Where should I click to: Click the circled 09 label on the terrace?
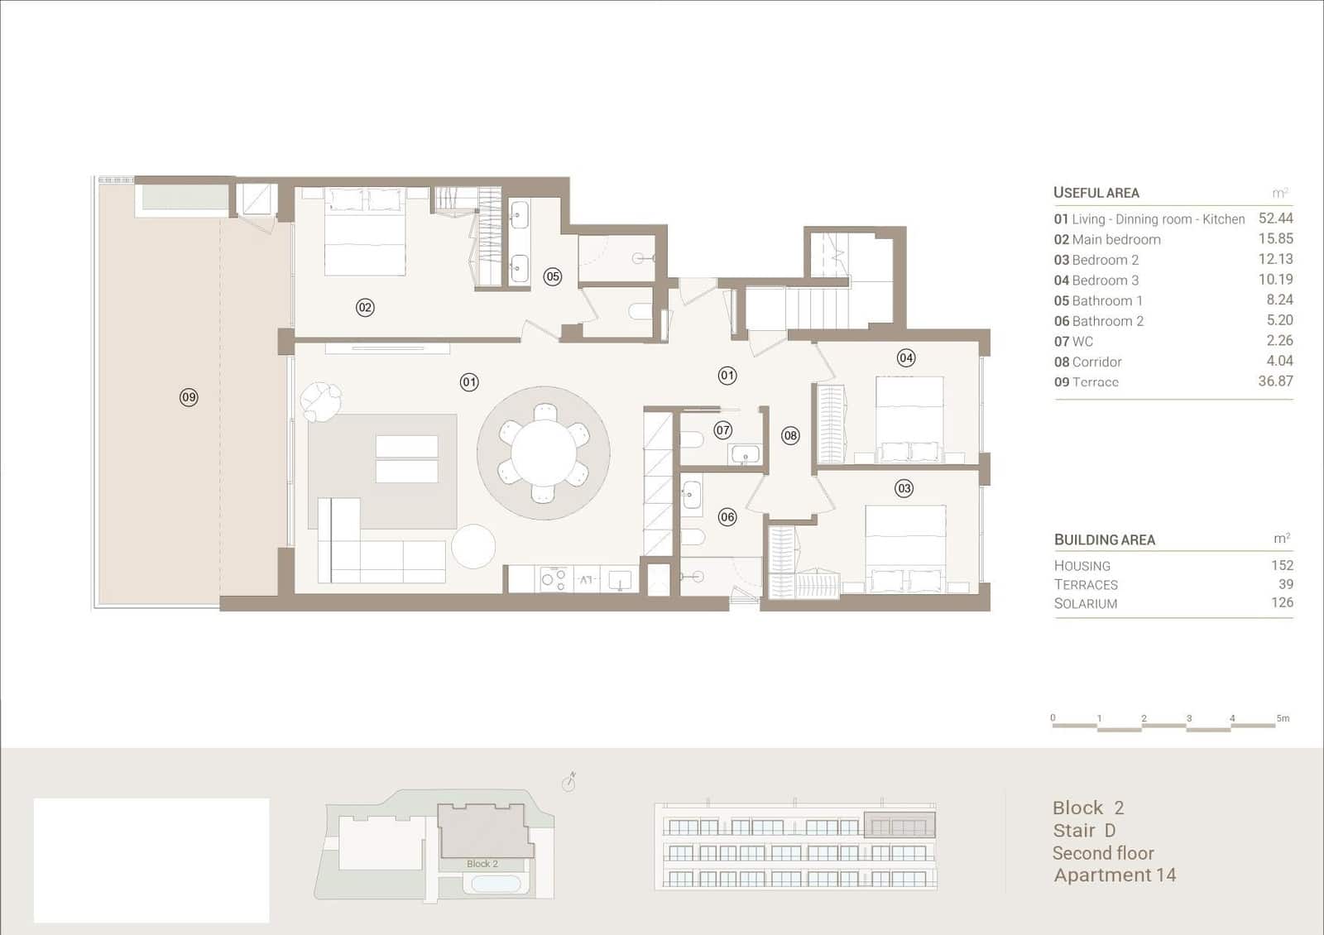(x=189, y=397)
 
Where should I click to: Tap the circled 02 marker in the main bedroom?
(x=365, y=307)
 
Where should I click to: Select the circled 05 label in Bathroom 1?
(x=553, y=276)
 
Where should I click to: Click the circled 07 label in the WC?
(x=723, y=430)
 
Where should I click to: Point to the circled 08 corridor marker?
(x=790, y=436)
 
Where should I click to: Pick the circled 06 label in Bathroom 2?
(x=727, y=517)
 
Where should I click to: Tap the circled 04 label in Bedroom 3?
(x=906, y=357)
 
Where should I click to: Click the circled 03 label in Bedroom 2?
(x=904, y=488)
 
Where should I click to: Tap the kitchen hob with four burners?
(x=554, y=578)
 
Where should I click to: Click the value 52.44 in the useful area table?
(x=1275, y=218)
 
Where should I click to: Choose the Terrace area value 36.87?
(x=1275, y=381)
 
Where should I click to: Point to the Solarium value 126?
(x=1282, y=602)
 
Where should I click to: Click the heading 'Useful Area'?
(x=1096, y=193)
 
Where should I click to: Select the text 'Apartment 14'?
(x=1115, y=875)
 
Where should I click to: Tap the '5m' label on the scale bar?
(x=1283, y=718)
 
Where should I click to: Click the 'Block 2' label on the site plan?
(x=482, y=864)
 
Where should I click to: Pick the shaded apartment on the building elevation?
(x=899, y=825)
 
